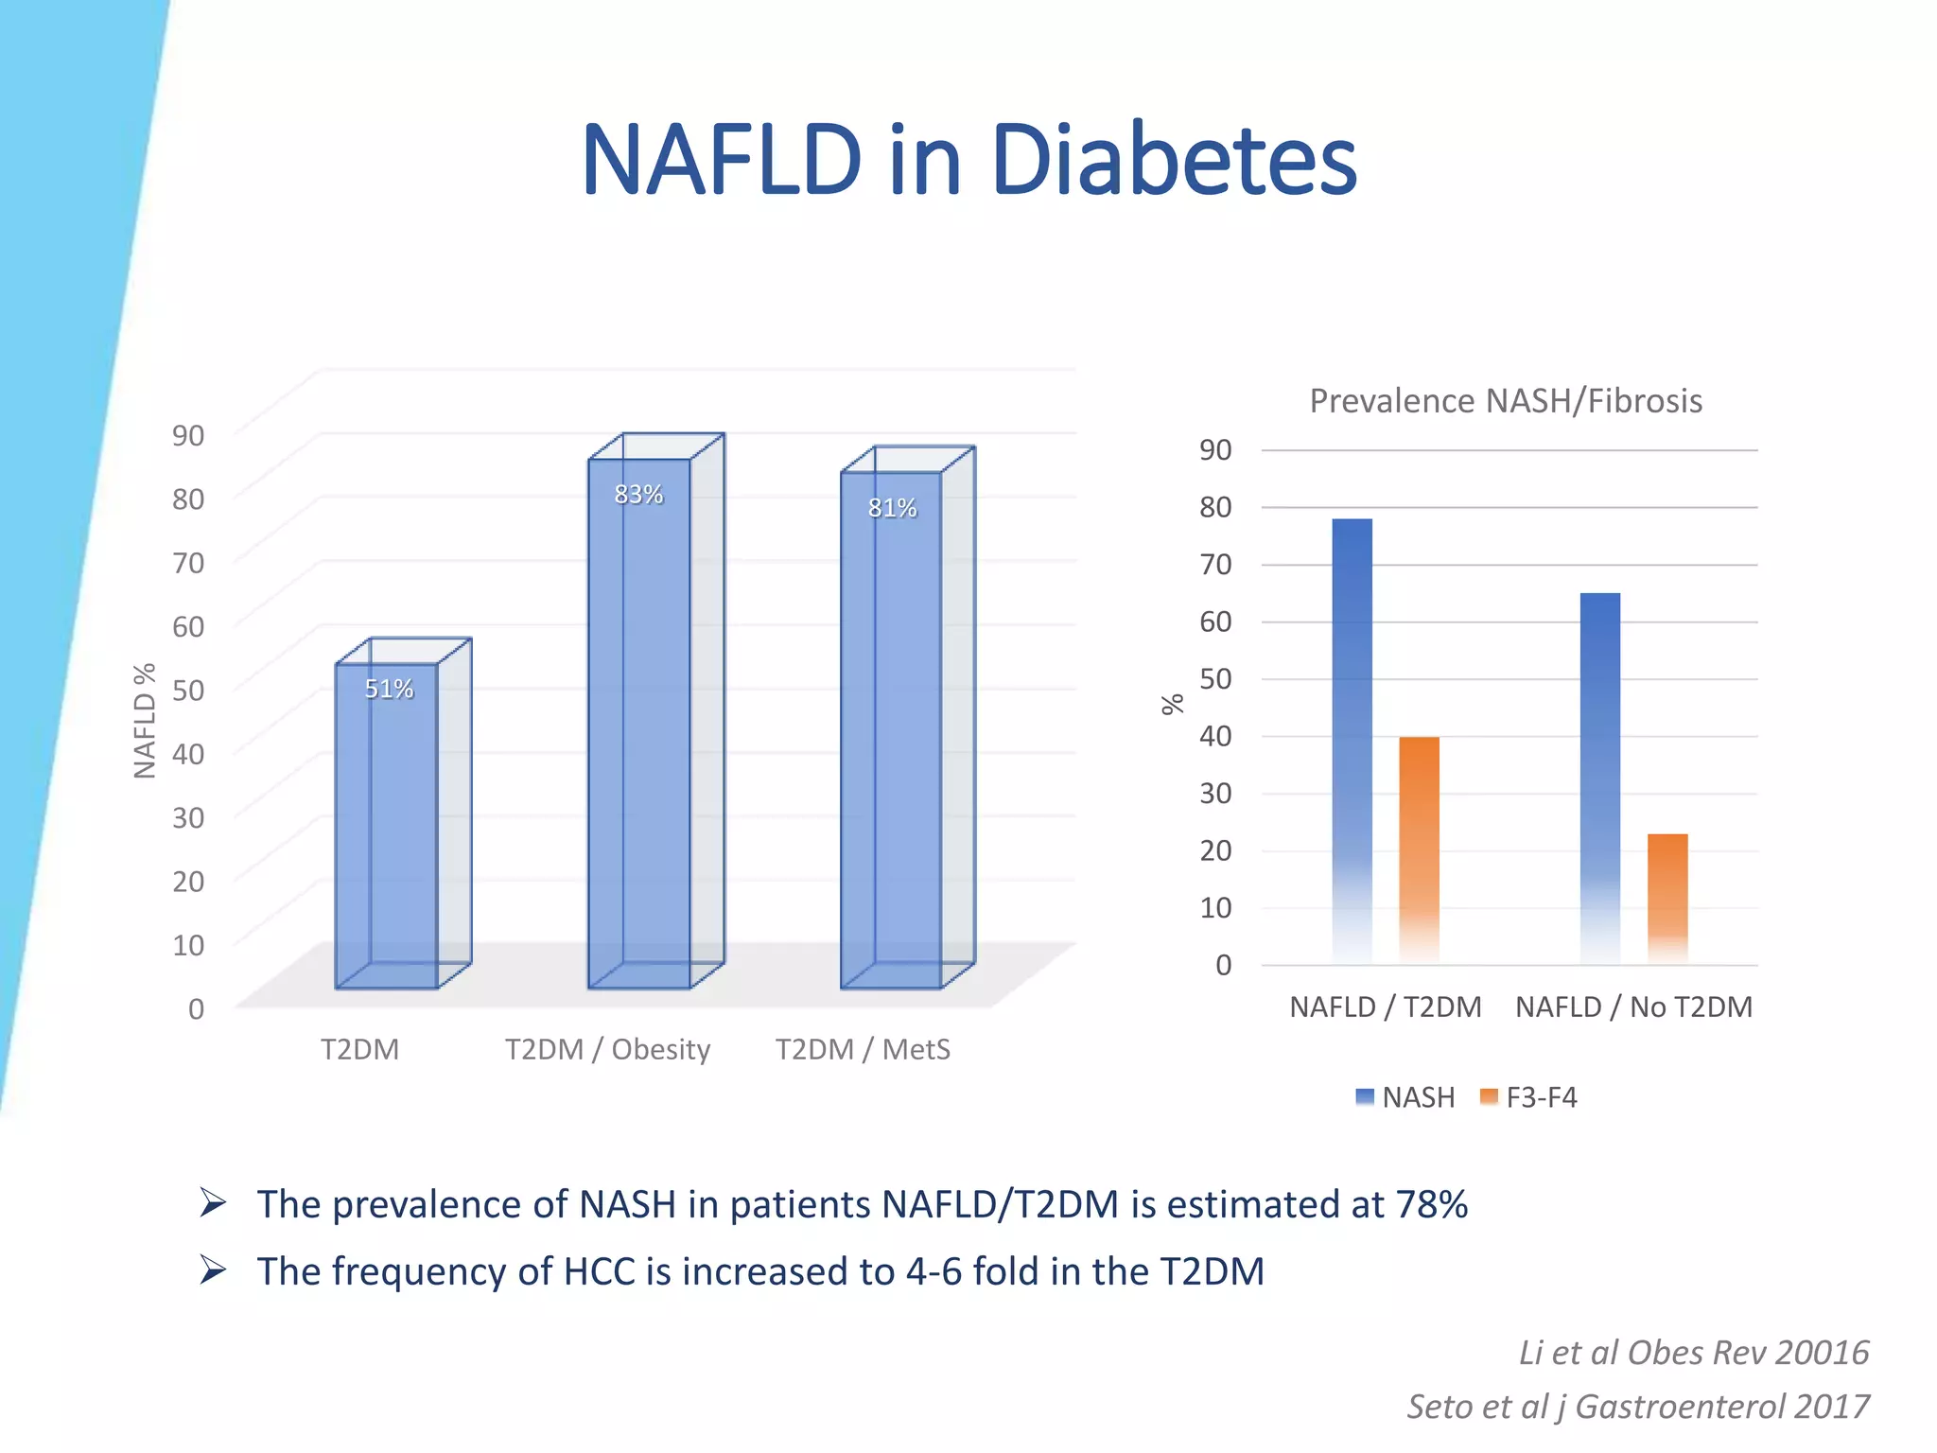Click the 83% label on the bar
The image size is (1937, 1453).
pyautogui.click(x=638, y=495)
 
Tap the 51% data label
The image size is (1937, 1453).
pyautogui.click(x=389, y=689)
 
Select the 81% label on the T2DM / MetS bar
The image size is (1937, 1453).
pyautogui.click(x=892, y=509)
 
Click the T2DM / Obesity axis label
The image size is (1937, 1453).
pyautogui.click(x=607, y=1050)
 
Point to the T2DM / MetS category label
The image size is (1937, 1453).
pyautogui.click(x=863, y=1050)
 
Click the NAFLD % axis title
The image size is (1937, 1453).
pyautogui.click(x=145, y=721)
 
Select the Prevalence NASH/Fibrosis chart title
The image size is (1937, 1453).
pyautogui.click(x=1506, y=401)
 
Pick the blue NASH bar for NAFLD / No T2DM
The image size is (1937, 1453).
pyautogui.click(x=1599, y=776)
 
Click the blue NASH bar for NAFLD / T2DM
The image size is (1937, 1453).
pyautogui.click(x=1352, y=738)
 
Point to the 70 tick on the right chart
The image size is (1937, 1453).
pyautogui.click(x=1215, y=565)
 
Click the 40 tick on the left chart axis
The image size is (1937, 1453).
pyautogui.click(x=188, y=754)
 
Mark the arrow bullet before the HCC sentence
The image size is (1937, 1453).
pyautogui.click(x=213, y=1269)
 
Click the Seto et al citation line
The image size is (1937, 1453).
pyautogui.click(x=1637, y=1407)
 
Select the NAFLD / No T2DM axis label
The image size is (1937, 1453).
pyautogui.click(x=1633, y=1007)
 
